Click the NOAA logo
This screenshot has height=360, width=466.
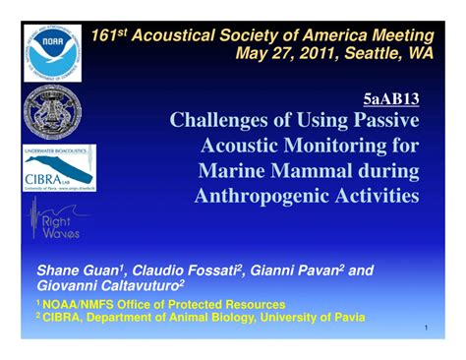(x=53, y=52)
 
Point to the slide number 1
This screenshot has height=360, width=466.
(x=427, y=328)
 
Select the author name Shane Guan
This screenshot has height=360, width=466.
(x=74, y=270)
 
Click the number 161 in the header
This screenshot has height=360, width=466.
(x=104, y=35)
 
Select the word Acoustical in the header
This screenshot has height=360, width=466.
(x=176, y=35)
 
